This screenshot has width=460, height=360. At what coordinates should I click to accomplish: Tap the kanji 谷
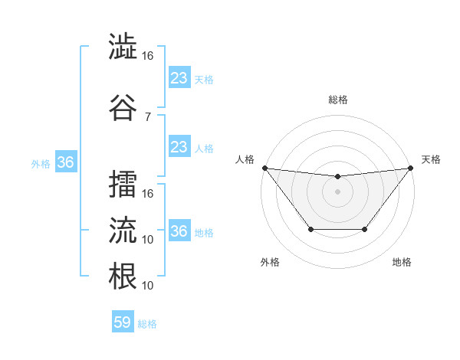pos(123,107)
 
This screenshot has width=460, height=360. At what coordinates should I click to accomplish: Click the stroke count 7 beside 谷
pos(147,116)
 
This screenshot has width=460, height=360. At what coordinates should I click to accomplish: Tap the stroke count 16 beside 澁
pos(148,56)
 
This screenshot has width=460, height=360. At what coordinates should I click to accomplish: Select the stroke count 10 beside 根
pos(148,285)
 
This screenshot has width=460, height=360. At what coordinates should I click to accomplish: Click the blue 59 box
pos(123,322)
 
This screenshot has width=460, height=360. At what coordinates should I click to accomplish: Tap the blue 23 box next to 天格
pos(179,78)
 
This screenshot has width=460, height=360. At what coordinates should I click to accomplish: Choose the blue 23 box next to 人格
pos(179,147)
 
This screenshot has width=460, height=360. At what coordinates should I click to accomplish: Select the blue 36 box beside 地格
pos(179,231)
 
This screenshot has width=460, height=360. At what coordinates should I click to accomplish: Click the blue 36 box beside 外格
pos(65,162)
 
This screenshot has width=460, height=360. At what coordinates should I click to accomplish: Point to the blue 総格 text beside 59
pos(148,324)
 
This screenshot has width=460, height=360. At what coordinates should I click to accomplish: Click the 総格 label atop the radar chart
pos(337,100)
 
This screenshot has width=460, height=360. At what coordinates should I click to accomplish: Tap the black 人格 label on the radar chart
pos(246,159)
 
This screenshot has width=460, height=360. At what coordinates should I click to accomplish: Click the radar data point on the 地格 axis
pos(365,229)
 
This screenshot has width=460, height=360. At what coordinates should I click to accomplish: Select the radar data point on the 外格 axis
pos(310,229)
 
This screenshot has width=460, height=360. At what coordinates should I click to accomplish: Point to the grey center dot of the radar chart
pos(337,191)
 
